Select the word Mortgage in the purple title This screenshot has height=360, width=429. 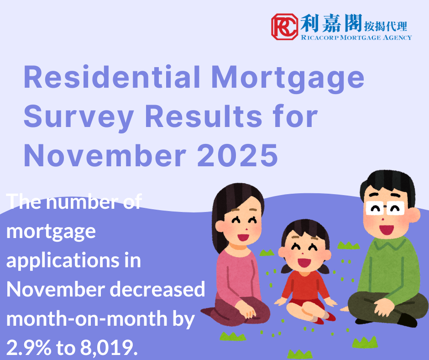point(288,78)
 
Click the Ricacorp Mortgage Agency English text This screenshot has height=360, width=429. point(356,37)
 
